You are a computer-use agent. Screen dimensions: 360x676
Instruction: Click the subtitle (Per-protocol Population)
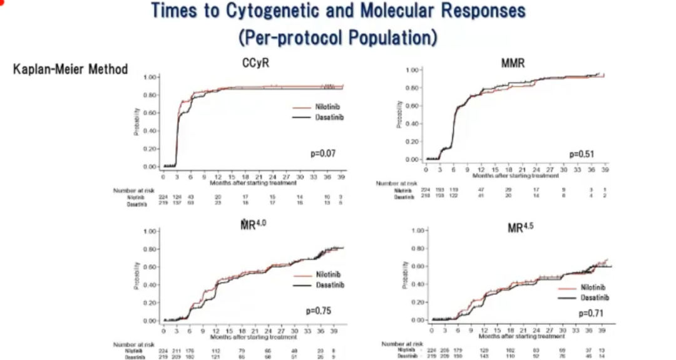pyautogui.click(x=337, y=37)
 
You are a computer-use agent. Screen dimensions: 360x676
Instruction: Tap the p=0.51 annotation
pyautogui.click(x=582, y=153)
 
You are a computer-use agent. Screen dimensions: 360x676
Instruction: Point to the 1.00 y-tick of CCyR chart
pyautogui.click(x=150, y=77)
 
